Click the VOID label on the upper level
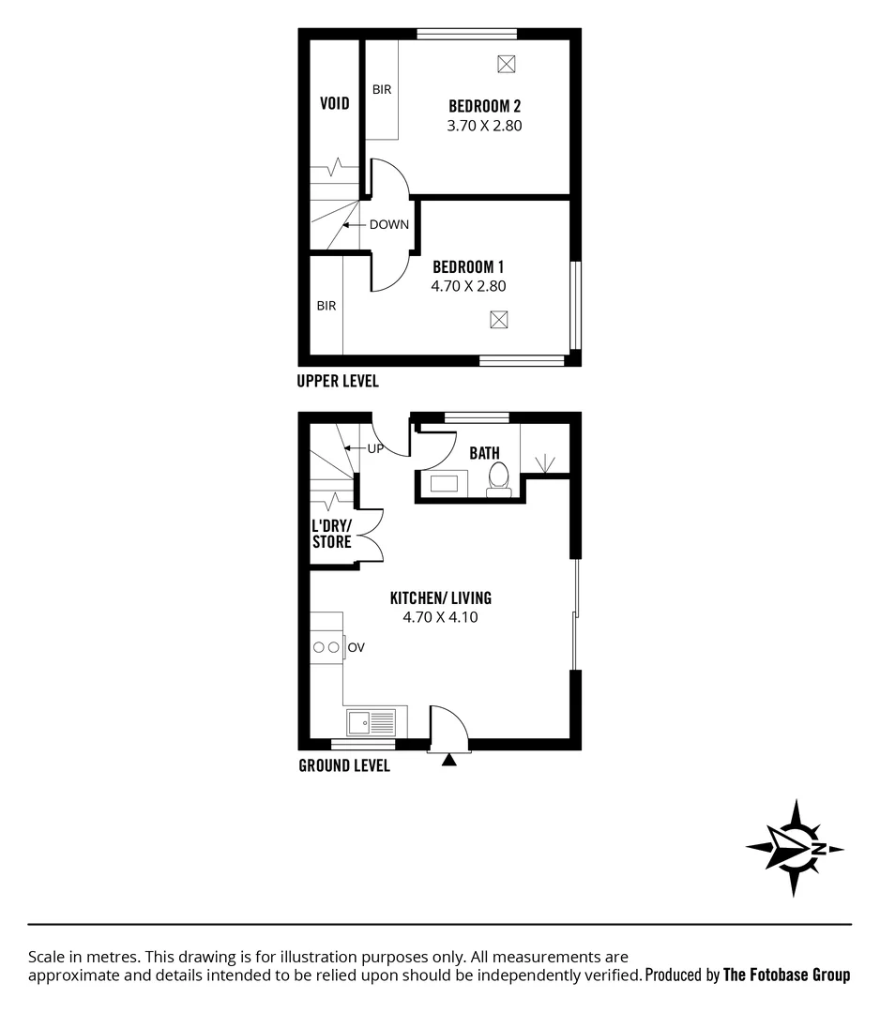335,103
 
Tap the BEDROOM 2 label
484,106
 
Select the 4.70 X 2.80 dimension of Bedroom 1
468,286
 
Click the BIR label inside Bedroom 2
382,90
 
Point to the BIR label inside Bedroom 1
326,306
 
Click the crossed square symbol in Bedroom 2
507,64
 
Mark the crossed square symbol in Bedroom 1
499,320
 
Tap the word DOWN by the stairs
388,225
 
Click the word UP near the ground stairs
375,448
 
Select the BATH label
484,453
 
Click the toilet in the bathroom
498,476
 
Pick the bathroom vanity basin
445,485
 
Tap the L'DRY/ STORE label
332,534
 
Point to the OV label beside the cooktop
356,647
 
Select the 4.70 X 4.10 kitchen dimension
440,617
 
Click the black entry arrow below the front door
448,760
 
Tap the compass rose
795,848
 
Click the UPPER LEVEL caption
337,381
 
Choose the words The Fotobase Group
786,975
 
